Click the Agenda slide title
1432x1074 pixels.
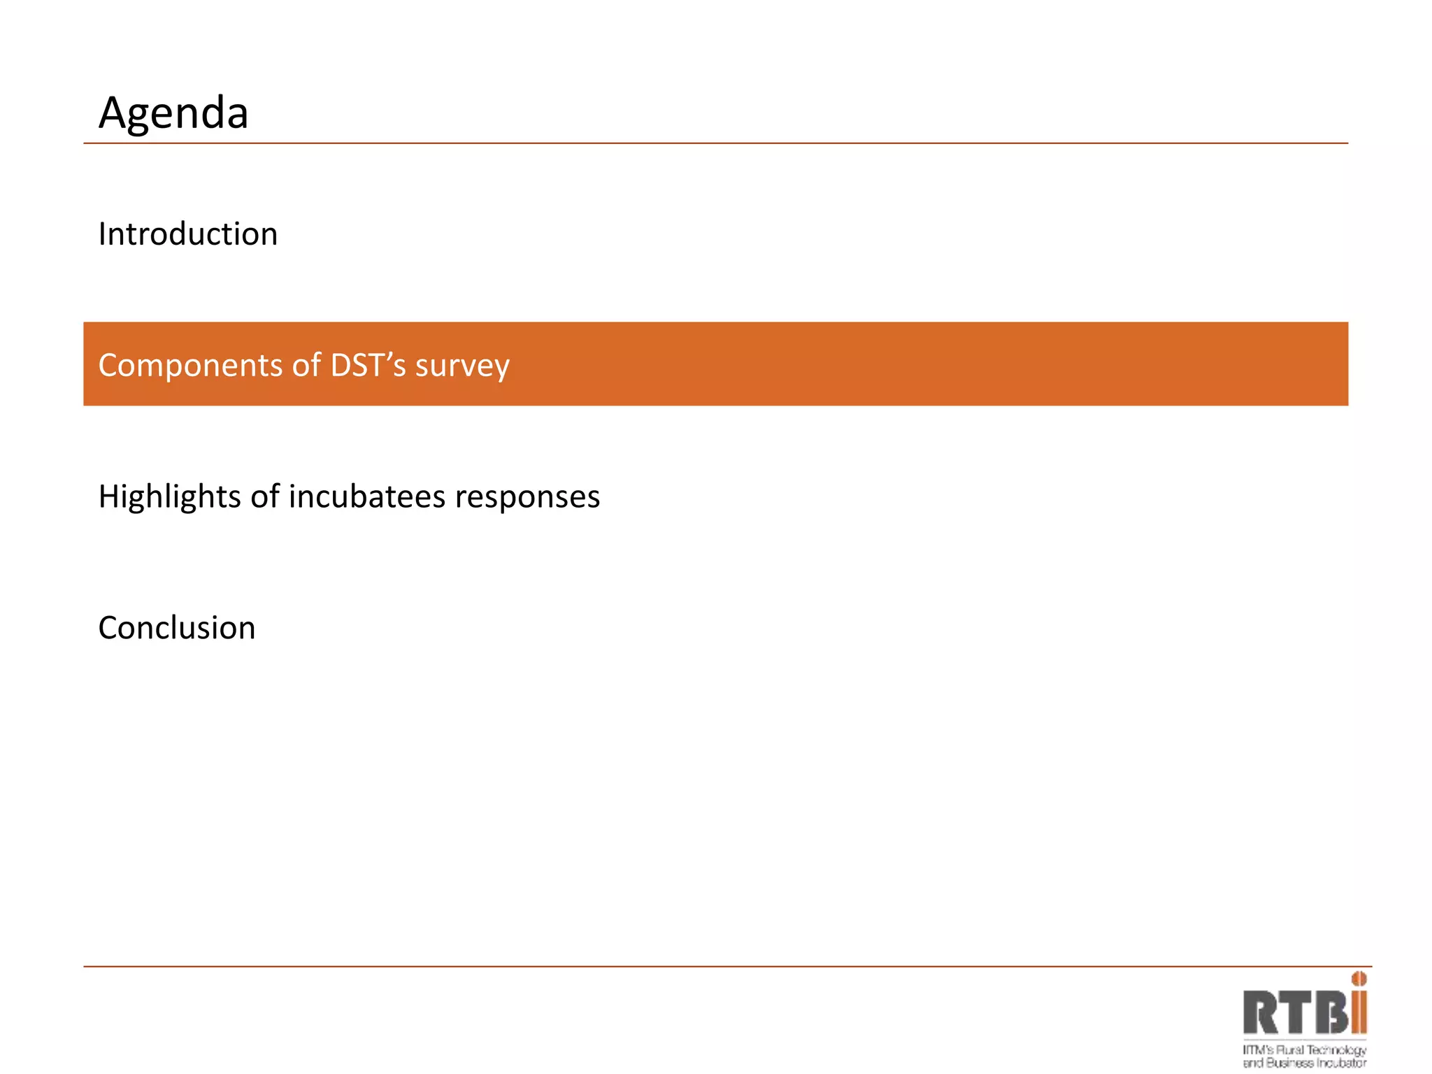click(173, 113)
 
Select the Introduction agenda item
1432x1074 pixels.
click(188, 234)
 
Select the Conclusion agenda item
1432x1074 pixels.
click(177, 627)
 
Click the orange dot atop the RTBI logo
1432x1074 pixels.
click(1359, 979)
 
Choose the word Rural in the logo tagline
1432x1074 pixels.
click(1291, 1050)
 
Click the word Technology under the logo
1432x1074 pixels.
click(1336, 1050)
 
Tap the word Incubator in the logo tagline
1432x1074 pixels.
click(1342, 1063)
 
